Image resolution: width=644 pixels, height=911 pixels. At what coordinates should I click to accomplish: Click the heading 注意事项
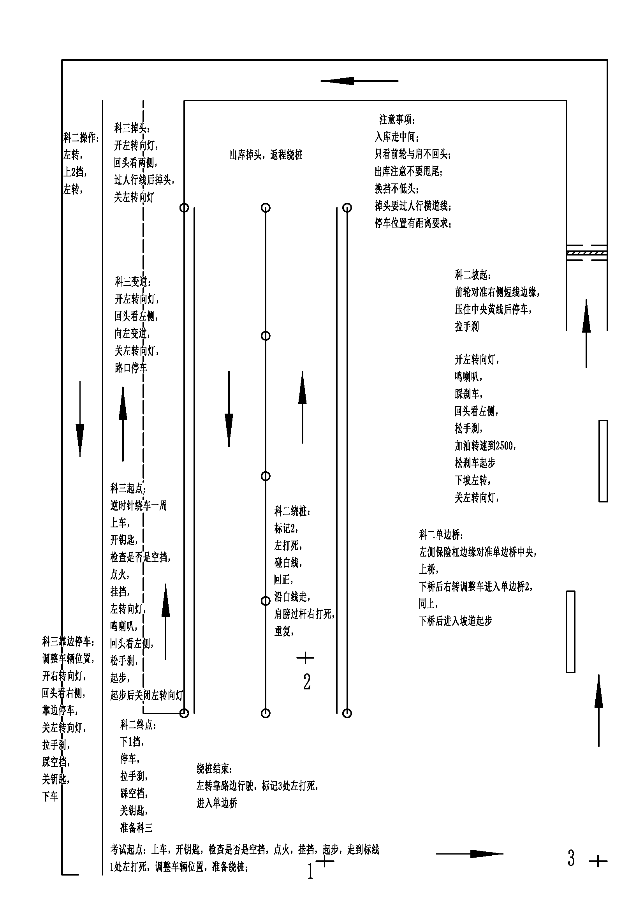point(397,120)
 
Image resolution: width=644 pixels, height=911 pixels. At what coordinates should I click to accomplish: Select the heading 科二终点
point(138,725)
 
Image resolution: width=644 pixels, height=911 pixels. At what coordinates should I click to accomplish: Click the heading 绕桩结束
point(214,769)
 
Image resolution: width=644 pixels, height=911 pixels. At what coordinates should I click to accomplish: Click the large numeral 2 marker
point(307,682)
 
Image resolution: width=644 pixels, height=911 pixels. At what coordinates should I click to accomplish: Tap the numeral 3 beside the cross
point(571,858)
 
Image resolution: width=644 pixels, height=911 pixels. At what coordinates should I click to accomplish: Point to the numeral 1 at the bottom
point(310,871)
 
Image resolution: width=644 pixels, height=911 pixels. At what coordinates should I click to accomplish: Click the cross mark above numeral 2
point(305,658)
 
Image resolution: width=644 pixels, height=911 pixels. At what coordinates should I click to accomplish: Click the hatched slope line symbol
point(586,252)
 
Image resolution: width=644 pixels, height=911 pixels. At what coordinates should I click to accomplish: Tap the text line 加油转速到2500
point(485,446)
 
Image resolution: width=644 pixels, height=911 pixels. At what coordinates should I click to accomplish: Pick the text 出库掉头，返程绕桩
point(266,155)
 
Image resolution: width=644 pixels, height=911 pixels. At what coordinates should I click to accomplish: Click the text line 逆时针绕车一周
point(138,505)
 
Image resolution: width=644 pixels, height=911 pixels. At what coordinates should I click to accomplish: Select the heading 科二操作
point(81,137)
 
